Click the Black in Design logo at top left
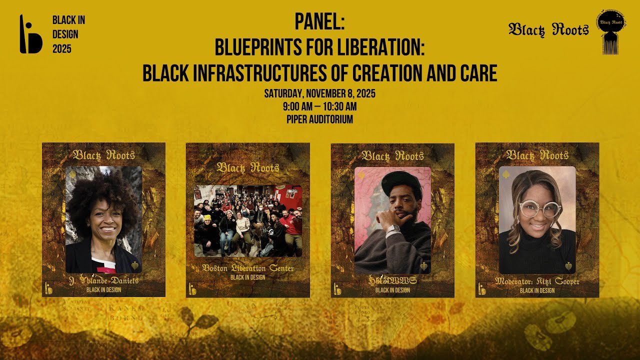pyautogui.click(x=30, y=34)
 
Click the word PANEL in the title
pyautogui.click(x=319, y=22)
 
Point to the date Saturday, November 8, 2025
pyautogui.click(x=319, y=93)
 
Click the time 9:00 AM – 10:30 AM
pyautogui.click(x=319, y=106)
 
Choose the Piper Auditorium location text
pyautogui.click(x=319, y=119)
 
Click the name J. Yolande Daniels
pyautogui.click(x=103, y=281)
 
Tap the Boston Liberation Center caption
pyautogui.click(x=248, y=268)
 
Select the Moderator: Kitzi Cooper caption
pyautogui.click(x=537, y=281)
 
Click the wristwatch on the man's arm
pyautogui.click(x=393, y=230)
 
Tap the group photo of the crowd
pyautogui.click(x=248, y=220)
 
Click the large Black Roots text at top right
pyautogui.click(x=548, y=30)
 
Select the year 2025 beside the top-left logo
pyautogui.click(x=62, y=49)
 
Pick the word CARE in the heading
pyautogui.click(x=475, y=73)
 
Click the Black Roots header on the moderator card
pyautogui.click(x=537, y=155)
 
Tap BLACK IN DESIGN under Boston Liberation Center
pyautogui.click(x=248, y=277)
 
